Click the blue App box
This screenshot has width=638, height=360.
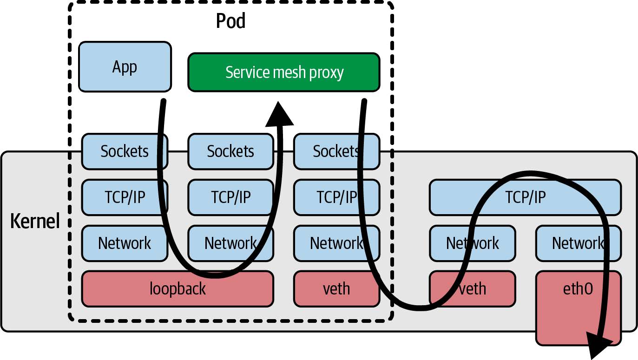pos(125,66)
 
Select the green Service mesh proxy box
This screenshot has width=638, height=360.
pos(283,72)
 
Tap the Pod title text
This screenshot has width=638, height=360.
pos(230,21)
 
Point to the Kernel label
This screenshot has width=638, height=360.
pos(35,222)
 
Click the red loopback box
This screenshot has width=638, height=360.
pos(177,288)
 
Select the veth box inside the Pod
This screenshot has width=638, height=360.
pos(336,288)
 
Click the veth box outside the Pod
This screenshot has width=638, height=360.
pos(472,288)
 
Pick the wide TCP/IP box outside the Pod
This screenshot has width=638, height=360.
pos(525,197)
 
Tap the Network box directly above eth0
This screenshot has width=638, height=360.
pos(578,243)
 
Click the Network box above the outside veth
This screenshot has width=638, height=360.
pos(472,243)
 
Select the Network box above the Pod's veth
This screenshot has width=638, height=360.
pos(336,243)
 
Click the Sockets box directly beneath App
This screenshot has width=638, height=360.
pos(125,151)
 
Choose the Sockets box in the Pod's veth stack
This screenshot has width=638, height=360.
pos(336,151)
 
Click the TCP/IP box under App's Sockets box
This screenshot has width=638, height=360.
pos(125,197)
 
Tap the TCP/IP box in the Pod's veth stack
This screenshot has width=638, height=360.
pos(336,197)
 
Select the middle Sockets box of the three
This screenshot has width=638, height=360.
pos(230,151)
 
